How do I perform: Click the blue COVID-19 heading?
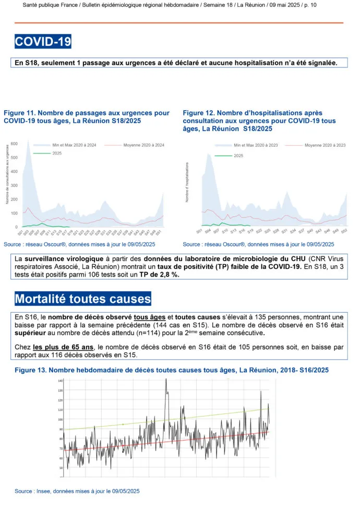(x=43, y=41)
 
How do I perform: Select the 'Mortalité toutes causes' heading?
(x=83, y=299)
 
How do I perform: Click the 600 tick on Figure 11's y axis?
(x=15, y=144)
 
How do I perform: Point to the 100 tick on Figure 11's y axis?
(x=15, y=213)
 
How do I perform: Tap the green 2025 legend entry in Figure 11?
(x=48, y=153)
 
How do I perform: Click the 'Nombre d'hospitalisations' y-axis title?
(x=188, y=182)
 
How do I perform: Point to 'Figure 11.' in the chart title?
(x=19, y=113)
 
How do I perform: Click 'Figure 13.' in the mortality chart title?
(x=31, y=370)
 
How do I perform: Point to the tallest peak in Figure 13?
(x=166, y=380)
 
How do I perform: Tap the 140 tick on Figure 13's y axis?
(x=61, y=381)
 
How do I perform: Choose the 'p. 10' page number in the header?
(x=308, y=5)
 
